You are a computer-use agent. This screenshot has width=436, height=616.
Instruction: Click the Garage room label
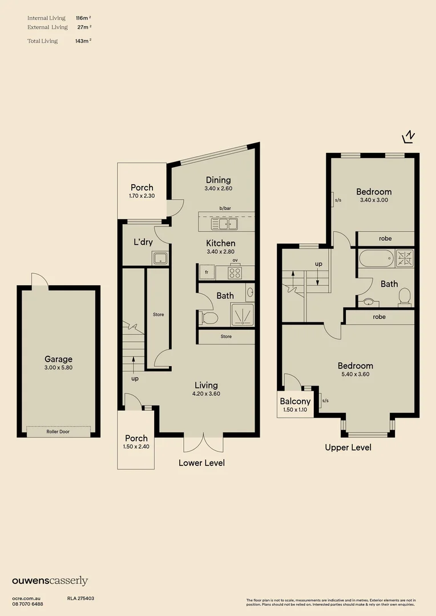pos(59,359)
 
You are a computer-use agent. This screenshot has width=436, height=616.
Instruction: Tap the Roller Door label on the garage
pos(59,432)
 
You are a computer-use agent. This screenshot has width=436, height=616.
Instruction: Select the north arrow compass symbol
pos(409,136)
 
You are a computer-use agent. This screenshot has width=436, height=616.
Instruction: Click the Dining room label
pos(219,180)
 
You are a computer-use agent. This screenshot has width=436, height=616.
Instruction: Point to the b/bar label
pos(225,208)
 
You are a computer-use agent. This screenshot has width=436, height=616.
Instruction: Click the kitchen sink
pos(226,224)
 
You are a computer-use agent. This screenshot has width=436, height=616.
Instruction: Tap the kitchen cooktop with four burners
pos(235,273)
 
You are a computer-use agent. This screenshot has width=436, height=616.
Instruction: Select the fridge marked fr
pos(207,273)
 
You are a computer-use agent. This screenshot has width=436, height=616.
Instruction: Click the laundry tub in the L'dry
pos(160,258)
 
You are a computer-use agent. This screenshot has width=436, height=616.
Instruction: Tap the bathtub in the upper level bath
pos(376,259)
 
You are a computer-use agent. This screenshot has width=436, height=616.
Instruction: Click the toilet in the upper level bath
pos(405,296)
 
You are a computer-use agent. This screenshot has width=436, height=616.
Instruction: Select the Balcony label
pos(295,402)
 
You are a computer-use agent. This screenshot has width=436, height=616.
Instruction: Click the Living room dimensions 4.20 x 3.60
pos(207,394)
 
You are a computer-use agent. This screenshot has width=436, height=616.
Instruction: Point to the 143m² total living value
pos(83,41)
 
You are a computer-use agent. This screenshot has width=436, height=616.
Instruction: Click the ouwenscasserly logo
pos(50,581)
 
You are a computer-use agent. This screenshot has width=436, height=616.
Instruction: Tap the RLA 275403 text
pos(80,598)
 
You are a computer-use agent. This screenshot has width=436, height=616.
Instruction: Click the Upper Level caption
pos(348,448)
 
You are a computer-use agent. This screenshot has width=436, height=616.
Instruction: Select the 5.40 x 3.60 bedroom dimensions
pos(355,374)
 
